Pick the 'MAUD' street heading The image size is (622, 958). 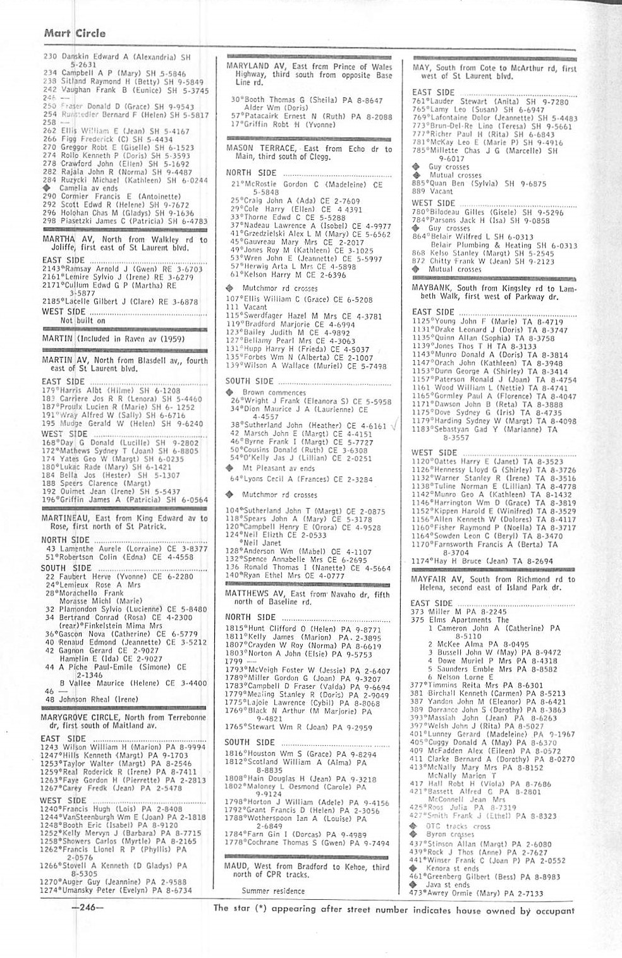pos(237,867)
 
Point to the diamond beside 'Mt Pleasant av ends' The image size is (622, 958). pos(231,468)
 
